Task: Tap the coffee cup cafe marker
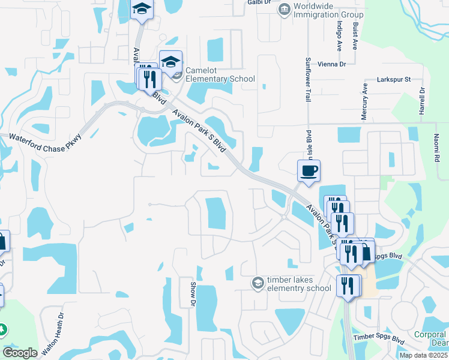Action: pyautogui.click(x=309, y=170)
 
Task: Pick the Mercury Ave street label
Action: pyautogui.click(x=364, y=102)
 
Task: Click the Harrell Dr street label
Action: pyautogui.click(x=422, y=102)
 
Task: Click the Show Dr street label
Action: pyautogui.click(x=193, y=295)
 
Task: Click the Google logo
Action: pyautogui.click(x=20, y=353)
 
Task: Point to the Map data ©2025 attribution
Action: pyautogui.click(x=424, y=355)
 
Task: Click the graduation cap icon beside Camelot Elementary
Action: pyautogui.click(x=170, y=62)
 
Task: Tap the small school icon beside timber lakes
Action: pyautogui.click(x=258, y=282)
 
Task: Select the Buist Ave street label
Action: pyautogui.click(x=356, y=36)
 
